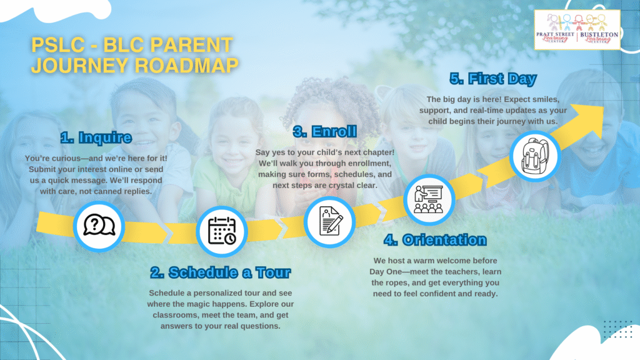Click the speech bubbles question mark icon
(x=99, y=226)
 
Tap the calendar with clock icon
(x=222, y=231)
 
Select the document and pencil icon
(x=330, y=221)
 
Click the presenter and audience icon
(x=429, y=199)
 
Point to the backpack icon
(x=535, y=156)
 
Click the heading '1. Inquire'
(x=96, y=137)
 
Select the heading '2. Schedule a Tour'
(x=221, y=272)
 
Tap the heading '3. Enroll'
(x=325, y=131)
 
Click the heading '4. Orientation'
(x=435, y=240)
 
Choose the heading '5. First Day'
(x=493, y=79)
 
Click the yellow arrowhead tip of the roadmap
(x=603, y=107)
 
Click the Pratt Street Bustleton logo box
(x=577, y=30)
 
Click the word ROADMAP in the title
(x=186, y=65)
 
